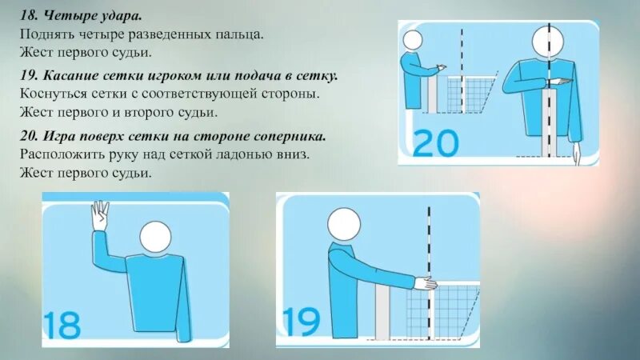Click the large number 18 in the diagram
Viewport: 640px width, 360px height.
[62, 325]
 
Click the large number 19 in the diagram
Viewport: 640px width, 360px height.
[302, 322]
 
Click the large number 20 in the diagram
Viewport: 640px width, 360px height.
[435, 143]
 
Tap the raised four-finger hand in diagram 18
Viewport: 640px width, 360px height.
[99, 216]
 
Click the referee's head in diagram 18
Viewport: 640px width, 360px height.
[155, 237]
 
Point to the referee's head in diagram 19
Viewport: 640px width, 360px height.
[344, 225]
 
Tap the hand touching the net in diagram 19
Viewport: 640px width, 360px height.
[426, 283]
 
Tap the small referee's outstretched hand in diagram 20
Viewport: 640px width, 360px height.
[442, 66]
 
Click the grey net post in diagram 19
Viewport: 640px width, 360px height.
[382, 312]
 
